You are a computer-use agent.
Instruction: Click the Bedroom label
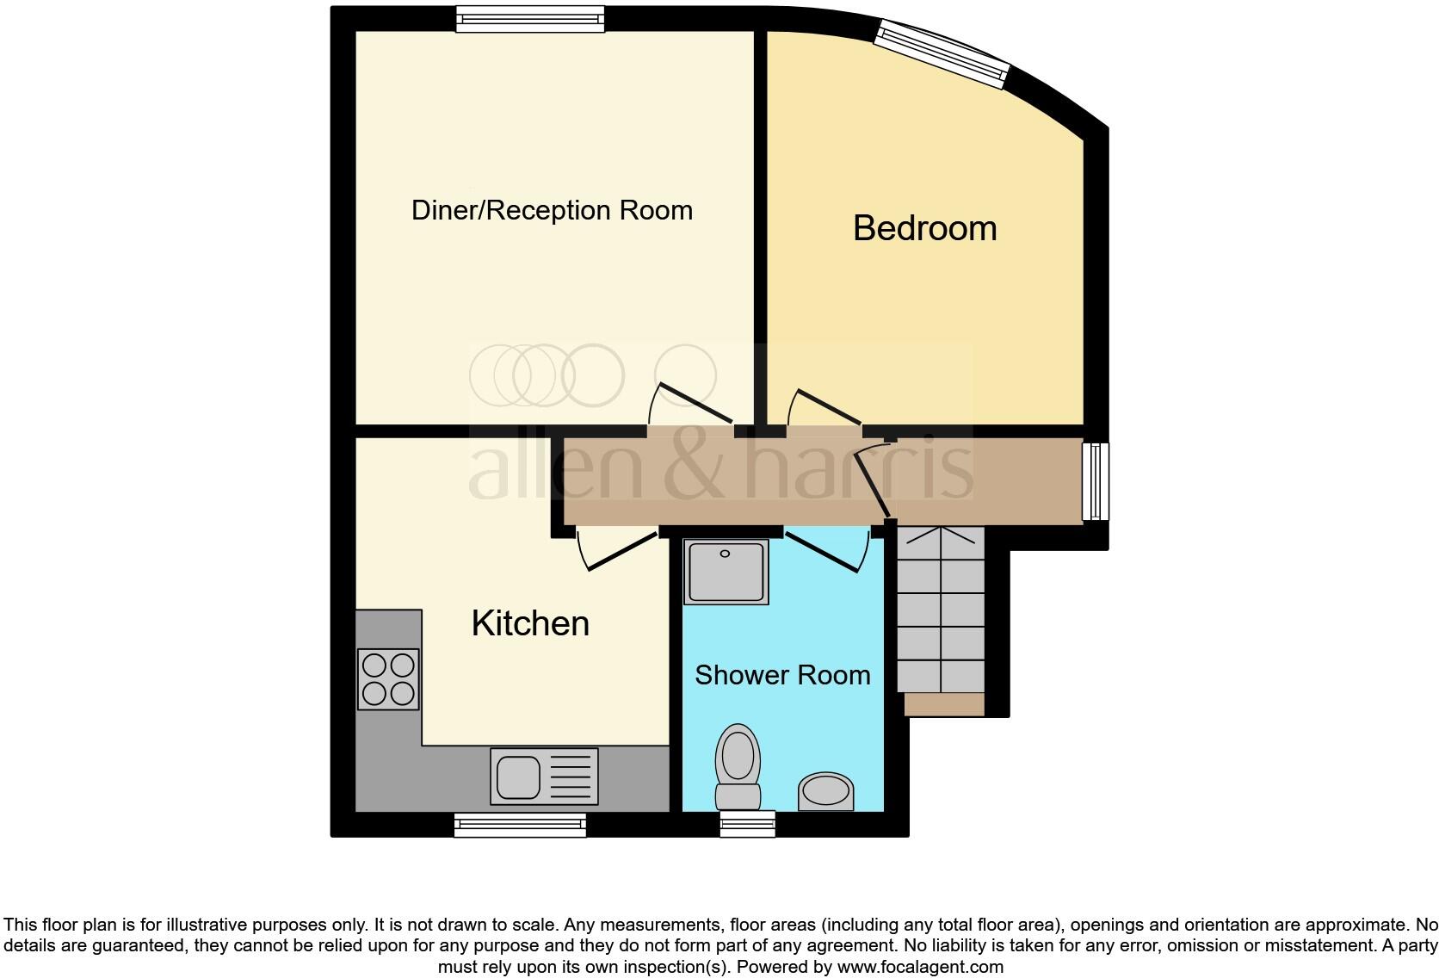[924, 228]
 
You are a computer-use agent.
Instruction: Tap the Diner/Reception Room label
[552, 210]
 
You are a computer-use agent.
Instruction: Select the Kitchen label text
[530, 623]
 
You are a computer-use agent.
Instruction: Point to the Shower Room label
[782, 675]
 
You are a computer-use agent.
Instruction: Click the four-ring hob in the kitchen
[388, 679]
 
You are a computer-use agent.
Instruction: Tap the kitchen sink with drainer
[544, 776]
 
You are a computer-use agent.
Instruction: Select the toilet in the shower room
[738, 766]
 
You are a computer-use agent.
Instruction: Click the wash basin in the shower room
[825, 791]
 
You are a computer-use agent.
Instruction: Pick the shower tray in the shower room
[726, 572]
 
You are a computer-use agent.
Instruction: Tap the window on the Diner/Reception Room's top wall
[529, 19]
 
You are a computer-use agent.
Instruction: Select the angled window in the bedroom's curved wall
[942, 53]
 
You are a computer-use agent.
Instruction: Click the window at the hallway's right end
[1095, 481]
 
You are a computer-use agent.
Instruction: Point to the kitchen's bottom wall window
[520, 825]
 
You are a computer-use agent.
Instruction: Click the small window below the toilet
[747, 824]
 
